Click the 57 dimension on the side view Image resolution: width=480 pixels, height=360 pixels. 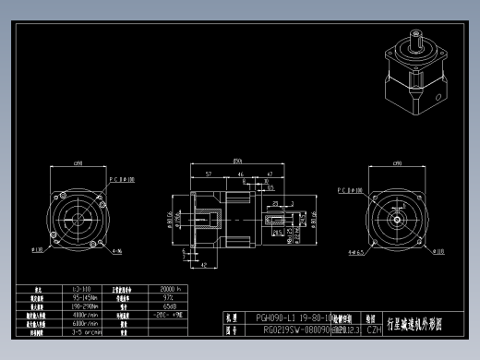point(209,174)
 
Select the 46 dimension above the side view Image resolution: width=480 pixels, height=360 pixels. point(241,174)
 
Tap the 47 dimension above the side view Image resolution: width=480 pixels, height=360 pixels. point(269,174)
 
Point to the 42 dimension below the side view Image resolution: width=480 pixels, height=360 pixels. point(202,264)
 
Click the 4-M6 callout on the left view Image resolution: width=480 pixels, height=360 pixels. point(117,250)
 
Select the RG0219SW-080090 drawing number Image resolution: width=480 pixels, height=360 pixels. point(294,328)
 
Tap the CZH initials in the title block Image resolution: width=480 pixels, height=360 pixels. point(374,328)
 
